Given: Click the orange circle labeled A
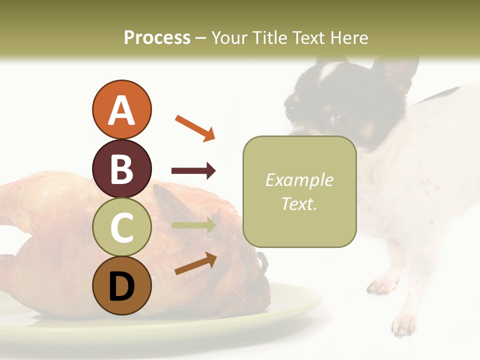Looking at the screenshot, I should click(121, 109).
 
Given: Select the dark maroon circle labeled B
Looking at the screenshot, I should click(121, 168).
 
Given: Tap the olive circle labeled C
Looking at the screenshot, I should click(121, 227).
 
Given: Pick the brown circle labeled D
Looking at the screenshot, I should click(121, 285).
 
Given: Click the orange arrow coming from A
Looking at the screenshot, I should click(195, 128).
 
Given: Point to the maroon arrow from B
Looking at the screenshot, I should click(193, 171).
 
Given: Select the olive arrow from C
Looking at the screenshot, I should click(193, 225).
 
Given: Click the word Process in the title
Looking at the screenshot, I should click(157, 37).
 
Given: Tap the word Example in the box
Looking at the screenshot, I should click(299, 180).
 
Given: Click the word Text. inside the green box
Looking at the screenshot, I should click(299, 204).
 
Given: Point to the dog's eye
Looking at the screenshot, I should click(339, 119).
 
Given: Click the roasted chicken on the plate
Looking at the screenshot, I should click(60, 240).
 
